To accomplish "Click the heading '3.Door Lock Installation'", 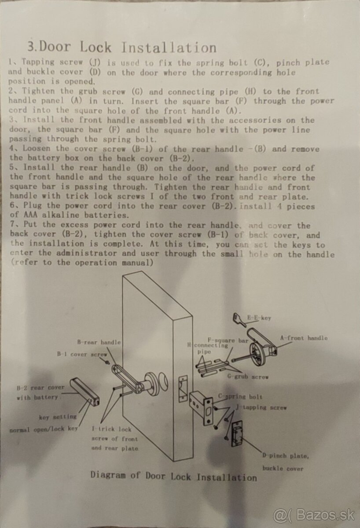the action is coord(122,47).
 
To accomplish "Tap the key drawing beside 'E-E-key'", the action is coord(239,319).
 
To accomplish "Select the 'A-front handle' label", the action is coord(304,338).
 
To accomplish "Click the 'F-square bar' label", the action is coord(228,341).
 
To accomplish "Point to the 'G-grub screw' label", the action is coord(248,377).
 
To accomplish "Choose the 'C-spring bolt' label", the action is coord(240,396).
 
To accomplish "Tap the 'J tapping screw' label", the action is coord(261,407).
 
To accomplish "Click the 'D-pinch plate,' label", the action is coord(286,456).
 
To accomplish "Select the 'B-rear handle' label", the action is coord(99,342).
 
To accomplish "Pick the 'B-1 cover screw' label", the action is coord(82,354).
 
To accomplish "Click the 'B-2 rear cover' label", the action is coord(40,388).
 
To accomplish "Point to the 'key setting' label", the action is coord(58,417).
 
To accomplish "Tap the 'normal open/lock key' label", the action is coord(44,429).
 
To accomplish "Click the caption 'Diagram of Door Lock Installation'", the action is coord(174,476).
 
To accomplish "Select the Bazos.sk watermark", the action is coord(314,516).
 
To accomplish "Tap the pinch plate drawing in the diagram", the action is coord(237,434).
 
